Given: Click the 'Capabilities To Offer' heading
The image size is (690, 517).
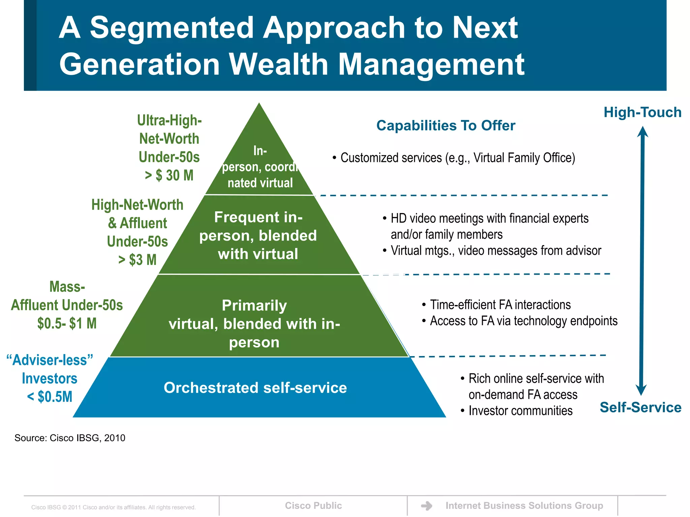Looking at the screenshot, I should pyautogui.click(x=445, y=126).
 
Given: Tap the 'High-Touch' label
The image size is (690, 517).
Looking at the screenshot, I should pyautogui.click(x=642, y=112).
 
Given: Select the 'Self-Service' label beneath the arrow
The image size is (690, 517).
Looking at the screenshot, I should pyautogui.click(x=640, y=407).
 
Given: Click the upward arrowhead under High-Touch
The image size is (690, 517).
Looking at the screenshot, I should pyautogui.click(x=642, y=132).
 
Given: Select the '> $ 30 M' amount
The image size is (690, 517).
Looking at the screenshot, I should pyautogui.click(x=169, y=175).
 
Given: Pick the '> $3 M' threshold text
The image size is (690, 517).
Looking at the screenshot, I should pyautogui.click(x=137, y=260).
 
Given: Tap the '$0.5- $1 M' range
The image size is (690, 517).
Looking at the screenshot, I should pyautogui.click(x=67, y=323).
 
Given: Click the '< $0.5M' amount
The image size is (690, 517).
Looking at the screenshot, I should pyautogui.click(x=50, y=397).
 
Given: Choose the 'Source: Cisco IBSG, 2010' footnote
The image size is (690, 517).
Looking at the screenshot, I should pyautogui.click(x=70, y=438).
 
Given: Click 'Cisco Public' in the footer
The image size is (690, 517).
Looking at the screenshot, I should pyautogui.click(x=313, y=506).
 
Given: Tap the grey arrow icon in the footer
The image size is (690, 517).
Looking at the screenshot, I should pyautogui.click(x=427, y=506).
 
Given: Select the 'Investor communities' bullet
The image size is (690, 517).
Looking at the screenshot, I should pyautogui.click(x=520, y=411).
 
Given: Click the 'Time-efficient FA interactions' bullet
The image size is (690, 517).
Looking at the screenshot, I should pyautogui.click(x=500, y=305).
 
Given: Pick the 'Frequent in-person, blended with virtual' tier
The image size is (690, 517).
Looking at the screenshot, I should pyautogui.click(x=258, y=236).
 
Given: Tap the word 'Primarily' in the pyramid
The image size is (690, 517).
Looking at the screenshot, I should pyautogui.click(x=254, y=306).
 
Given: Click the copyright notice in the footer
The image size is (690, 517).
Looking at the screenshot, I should pyautogui.click(x=114, y=507).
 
